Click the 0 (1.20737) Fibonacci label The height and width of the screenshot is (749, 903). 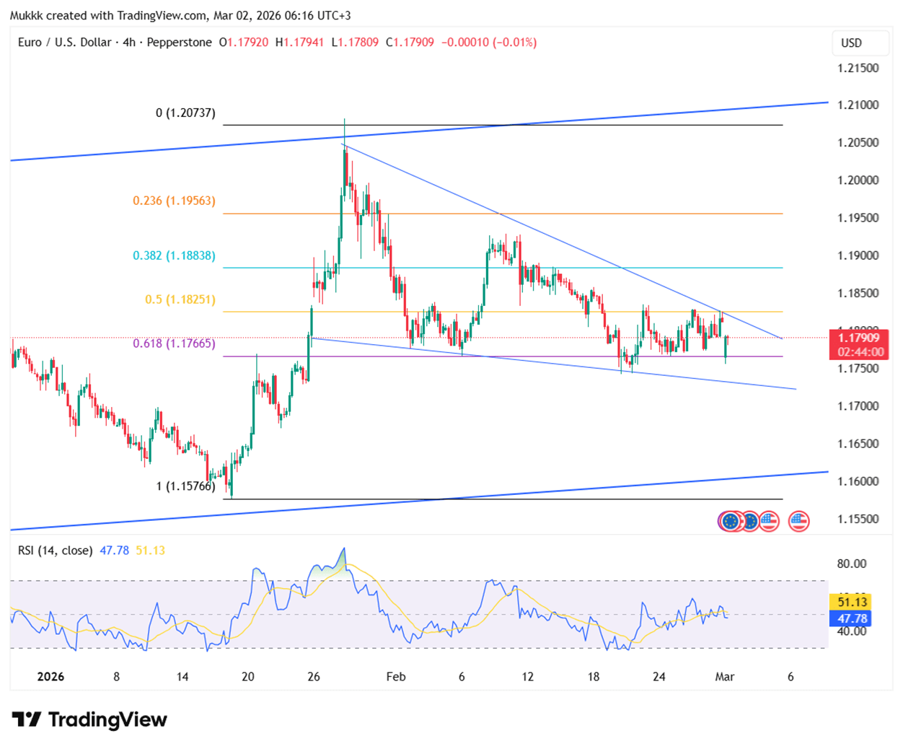pos(185,113)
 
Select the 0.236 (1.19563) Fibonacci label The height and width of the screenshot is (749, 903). pos(174,201)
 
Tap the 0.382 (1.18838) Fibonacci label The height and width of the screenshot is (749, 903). pos(174,255)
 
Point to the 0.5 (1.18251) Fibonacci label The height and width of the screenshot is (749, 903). pos(180,299)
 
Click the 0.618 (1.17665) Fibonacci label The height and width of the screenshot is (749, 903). pos(174,343)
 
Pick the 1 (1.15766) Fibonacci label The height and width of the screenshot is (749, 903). pos(185,486)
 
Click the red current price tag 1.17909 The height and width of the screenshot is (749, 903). pos(858,338)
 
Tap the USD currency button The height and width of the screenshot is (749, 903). pos(852,43)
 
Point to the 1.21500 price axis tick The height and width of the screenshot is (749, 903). pos(858,69)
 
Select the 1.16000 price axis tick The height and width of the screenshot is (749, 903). pos(858,481)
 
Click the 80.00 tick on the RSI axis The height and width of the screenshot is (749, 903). pos(852,564)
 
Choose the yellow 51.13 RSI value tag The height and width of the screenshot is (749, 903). pos(852,602)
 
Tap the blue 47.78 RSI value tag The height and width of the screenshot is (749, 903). pos(852,618)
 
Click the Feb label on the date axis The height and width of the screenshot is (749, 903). pos(396,677)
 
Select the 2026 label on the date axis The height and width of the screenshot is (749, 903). pos(50,677)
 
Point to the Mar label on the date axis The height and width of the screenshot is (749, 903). pos(724,677)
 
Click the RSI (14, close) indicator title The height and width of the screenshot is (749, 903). pos(55,551)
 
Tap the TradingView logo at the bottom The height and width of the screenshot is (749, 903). pos(89,719)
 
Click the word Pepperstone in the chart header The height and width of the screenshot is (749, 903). pos(179,43)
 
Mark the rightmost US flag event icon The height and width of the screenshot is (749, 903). pos(798,521)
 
